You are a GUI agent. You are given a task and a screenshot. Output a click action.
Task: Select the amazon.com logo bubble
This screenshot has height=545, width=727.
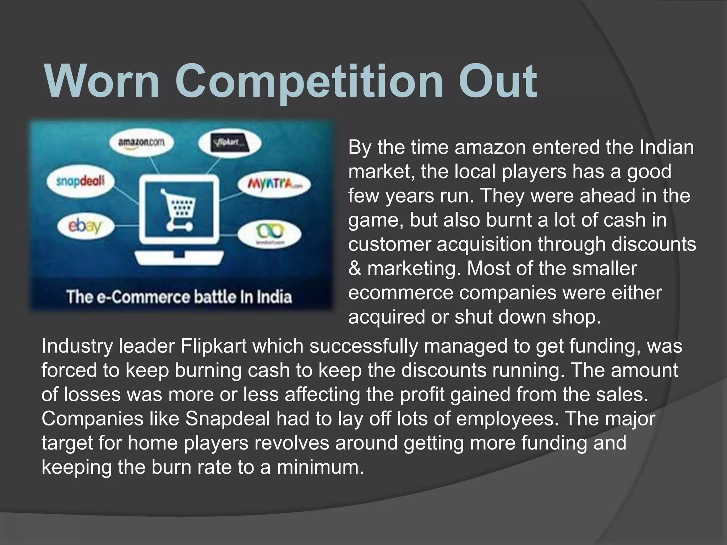pyautogui.click(x=141, y=142)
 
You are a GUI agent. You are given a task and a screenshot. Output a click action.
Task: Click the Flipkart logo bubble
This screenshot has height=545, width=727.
pyautogui.click(x=230, y=143)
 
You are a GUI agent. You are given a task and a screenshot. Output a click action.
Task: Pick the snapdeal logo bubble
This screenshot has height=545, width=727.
pyautogui.click(x=81, y=181)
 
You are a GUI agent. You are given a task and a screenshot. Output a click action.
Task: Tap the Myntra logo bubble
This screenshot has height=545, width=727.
pyautogui.click(x=274, y=184)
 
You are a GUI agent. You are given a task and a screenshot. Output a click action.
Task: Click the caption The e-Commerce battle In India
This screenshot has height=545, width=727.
pyautogui.click(x=179, y=297)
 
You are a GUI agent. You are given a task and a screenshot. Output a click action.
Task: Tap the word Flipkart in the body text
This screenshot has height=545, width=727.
pyautogui.click(x=213, y=346)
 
